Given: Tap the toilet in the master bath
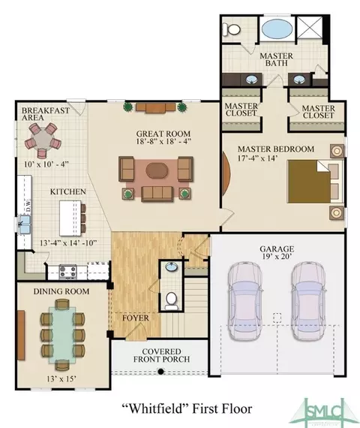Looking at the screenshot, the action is [x=231, y=29].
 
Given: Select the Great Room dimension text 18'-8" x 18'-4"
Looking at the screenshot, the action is [x=163, y=141].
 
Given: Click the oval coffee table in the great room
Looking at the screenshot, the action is [x=156, y=170].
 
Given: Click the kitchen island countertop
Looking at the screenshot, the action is [x=70, y=218].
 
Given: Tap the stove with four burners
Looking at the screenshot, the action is [x=68, y=272].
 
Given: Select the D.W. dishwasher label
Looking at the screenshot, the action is [x=28, y=206].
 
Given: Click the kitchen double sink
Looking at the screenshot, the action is [x=25, y=224].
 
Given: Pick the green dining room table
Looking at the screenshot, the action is [x=62, y=334].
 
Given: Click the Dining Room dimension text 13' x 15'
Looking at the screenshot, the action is [x=61, y=378].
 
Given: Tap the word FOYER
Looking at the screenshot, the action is [x=136, y=318].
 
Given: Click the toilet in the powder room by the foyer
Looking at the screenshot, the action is [x=171, y=300].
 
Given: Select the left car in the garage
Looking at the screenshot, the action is [x=244, y=301].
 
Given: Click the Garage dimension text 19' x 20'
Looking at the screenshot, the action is [x=277, y=256].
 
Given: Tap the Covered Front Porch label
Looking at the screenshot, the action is [x=161, y=355].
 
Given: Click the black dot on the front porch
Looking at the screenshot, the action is [x=161, y=371].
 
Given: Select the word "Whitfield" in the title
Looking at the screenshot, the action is [x=154, y=408].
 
